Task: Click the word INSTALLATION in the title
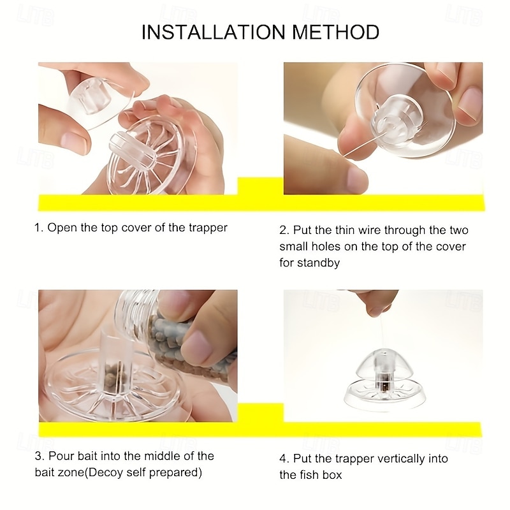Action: pos(214,33)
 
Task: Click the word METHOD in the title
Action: pos(336,33)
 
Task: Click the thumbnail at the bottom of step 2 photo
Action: pos(356,179)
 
